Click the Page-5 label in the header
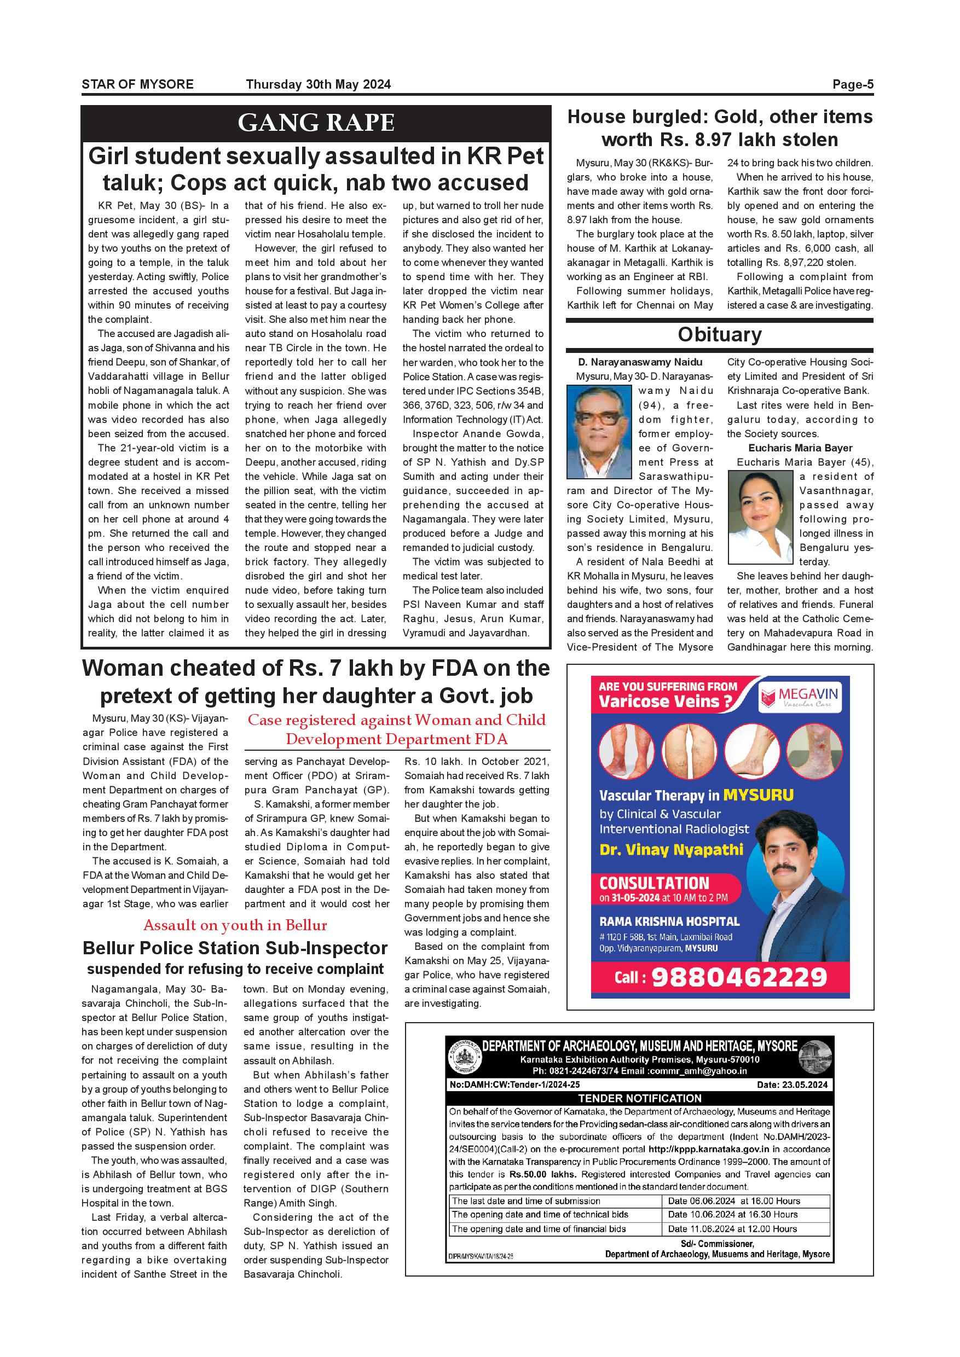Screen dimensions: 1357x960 pos(852,84)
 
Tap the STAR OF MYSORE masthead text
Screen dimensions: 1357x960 pos(138,84)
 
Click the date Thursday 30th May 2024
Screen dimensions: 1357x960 pos(318,84)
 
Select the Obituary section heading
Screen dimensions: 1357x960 pos(719,334)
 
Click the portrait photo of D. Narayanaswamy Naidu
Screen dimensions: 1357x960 pos(598,432)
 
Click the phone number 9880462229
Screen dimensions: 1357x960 pos(739,977)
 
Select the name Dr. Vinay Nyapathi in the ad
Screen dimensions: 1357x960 pos(671,850)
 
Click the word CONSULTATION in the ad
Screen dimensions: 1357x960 pos(654,883)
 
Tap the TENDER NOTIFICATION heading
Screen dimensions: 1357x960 pos(640,1098)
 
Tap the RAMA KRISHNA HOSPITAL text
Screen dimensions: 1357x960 pos(669,921)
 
